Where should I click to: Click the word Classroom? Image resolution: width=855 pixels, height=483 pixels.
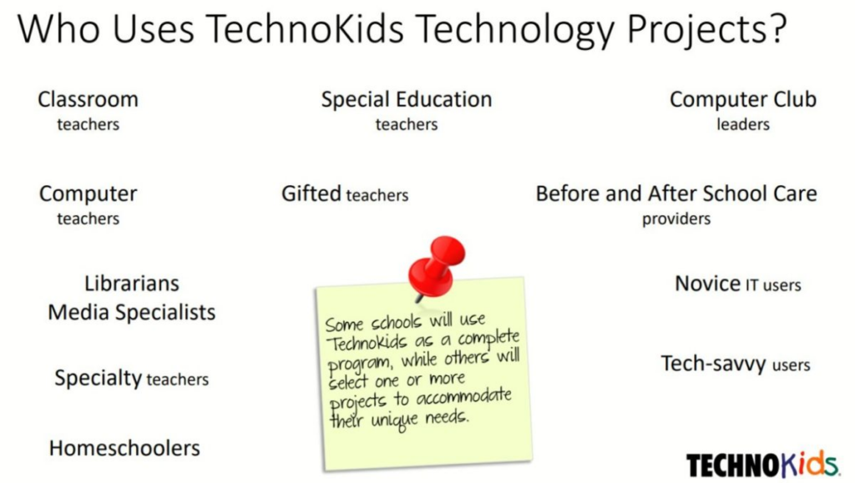click(x=88, y=99)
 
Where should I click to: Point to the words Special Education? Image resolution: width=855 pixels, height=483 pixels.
click(x=407, y=99)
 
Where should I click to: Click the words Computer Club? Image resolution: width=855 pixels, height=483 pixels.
click(x=742, y=99)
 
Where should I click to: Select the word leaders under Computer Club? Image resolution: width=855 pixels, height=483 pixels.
click(x=742, y=125)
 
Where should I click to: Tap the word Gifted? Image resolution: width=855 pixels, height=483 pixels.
click(x=311, y=194)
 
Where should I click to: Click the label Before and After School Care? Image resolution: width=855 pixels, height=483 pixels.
click(x=676, y=194)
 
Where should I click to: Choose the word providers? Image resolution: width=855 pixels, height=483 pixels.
click(x=676, y=219)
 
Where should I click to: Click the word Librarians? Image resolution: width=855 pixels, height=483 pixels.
click(x=132, y=284)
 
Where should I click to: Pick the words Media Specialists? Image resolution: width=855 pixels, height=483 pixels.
click(x=132, y=312)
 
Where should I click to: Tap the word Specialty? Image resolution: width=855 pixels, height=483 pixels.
click(x=98, y=378)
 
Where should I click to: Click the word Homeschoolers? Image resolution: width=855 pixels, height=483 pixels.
click(x=124, y=448)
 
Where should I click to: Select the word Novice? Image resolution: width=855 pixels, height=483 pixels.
click(x=707, y=284)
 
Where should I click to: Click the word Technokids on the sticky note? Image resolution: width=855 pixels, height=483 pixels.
click(x=362, y=344)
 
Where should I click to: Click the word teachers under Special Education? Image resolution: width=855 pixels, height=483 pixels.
click(x=407, y=125)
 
